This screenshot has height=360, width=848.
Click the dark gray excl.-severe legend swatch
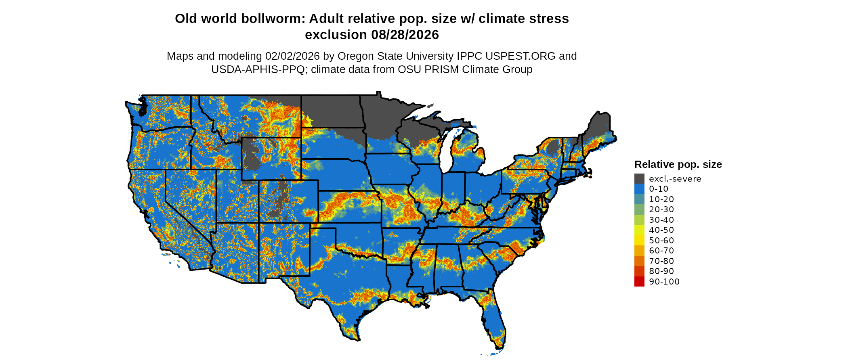639,179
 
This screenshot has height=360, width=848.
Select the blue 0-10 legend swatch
639,189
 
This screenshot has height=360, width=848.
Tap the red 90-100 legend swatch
639,282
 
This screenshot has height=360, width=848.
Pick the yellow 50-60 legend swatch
639,241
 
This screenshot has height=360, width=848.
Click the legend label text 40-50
661,230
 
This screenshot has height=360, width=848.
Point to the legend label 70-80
661,261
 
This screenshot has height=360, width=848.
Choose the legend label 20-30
661,209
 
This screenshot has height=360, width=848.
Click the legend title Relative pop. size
678,165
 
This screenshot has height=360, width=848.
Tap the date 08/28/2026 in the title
405,35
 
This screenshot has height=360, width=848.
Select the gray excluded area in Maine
600,125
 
